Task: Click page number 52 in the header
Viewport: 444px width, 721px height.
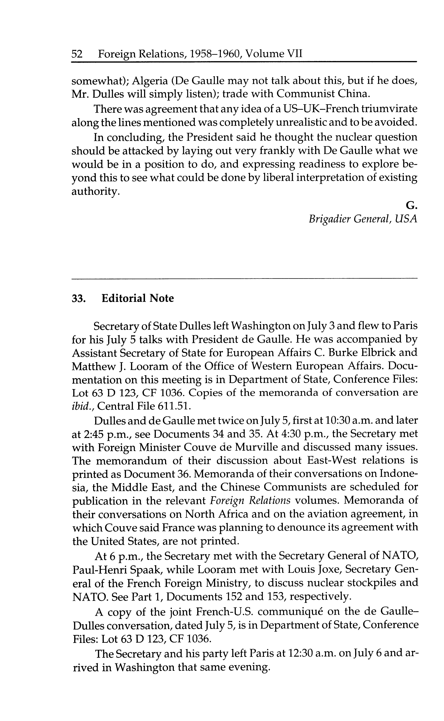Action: point(77,54)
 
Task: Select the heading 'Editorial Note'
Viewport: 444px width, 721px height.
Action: point(138,298)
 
